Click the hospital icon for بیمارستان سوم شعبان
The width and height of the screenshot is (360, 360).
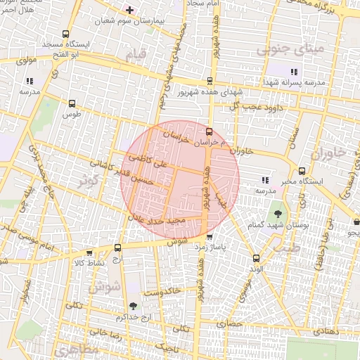point(129,9)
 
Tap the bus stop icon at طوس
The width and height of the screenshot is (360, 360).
point(71,103)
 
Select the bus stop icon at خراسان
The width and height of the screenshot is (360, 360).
point(208,131)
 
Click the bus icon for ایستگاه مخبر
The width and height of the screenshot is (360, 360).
point(302,171)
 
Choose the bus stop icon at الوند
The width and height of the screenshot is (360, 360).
point(256,258)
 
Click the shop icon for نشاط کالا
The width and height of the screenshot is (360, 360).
point(89,253)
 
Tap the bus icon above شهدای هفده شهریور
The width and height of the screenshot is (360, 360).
point(209,81)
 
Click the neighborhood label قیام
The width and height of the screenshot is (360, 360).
point(136,54)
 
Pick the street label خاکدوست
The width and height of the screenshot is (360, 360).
point(163,290)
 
